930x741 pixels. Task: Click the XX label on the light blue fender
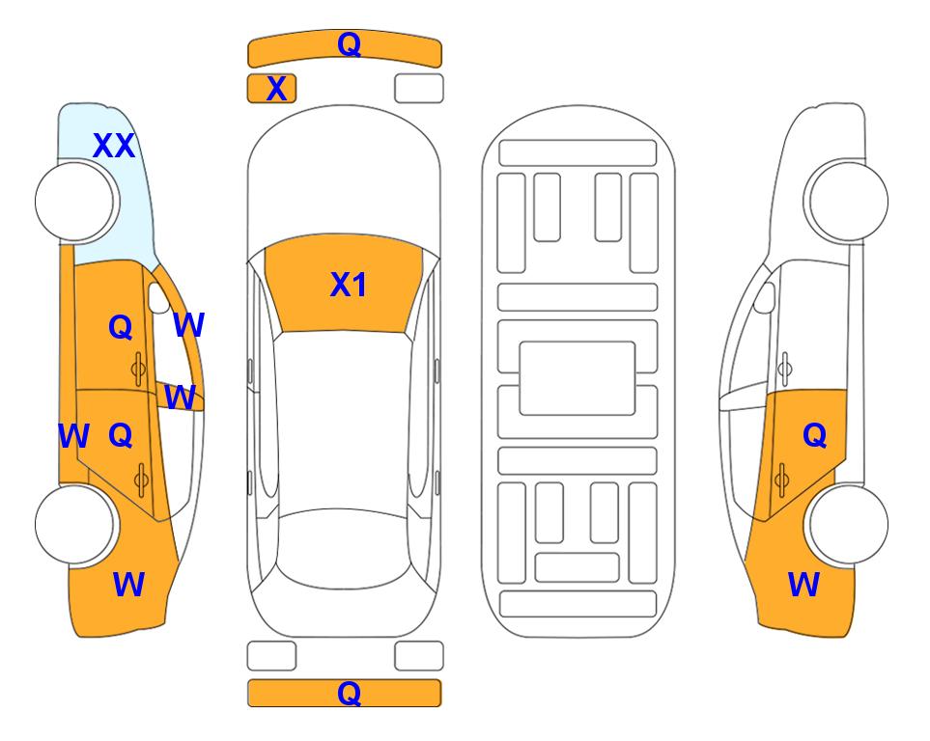(115, 146)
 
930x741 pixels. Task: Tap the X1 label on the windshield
(349, 285)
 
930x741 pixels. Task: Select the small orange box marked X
(271, 89)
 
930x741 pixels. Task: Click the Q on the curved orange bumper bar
(350, 43)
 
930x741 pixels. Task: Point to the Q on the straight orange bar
(350, 693)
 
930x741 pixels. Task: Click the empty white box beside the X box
(419, 89)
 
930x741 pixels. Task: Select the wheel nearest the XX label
(74, 202)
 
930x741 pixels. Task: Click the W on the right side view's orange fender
(803, 585)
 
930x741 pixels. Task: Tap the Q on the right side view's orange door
(814, 436)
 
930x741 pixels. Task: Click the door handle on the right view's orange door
(781, 479)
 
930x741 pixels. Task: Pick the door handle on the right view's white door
(784, 369)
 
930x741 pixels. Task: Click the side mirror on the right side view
(765, 298)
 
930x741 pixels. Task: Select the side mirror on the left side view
(158, 298)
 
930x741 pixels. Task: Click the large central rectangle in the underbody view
(578, 378)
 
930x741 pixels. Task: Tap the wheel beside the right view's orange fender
(848, 524)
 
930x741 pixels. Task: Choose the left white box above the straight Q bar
(271, 656)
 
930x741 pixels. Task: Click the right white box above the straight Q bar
(419, 656)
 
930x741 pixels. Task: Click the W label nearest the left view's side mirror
(189, 325)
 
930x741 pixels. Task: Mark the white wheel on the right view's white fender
(848, 202)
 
